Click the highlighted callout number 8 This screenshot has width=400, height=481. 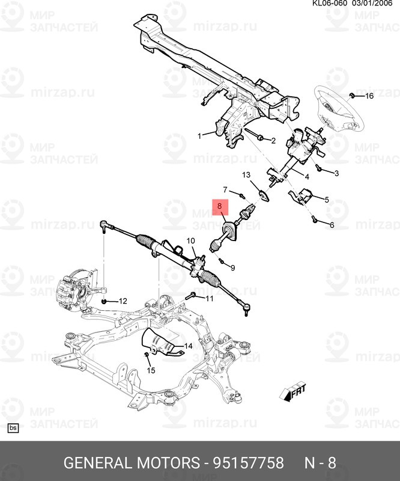(x=219, y=206)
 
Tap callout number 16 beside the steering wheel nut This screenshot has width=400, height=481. (x=369, y=96)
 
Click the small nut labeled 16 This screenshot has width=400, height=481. (x=353, y=95)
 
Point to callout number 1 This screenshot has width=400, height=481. (x=199, y=136)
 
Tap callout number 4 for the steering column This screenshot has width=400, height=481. (x=307, y=176)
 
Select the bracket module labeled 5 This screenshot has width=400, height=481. (x=302, y=196)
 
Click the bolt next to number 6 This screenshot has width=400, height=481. (x=314, y=219)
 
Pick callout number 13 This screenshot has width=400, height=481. (x=246, y=175)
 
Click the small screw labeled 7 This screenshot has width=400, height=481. (x=242, y=195)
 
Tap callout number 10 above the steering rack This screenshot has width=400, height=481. (x=190, y=241)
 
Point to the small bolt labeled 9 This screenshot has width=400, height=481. (x=220, y=261)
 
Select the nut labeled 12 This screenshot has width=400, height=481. (x=105, y=302)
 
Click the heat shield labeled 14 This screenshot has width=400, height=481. (x=159, y=343)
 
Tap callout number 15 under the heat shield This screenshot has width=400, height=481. (x=151, y=370)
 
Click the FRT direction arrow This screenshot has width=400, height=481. (x=292, y=392)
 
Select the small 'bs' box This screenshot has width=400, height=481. (x=13, y=428)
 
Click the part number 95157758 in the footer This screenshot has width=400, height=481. (x=248, y=462)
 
